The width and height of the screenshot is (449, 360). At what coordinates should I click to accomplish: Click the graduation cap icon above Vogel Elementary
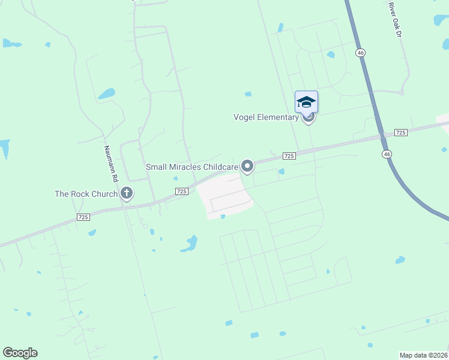(306, 102)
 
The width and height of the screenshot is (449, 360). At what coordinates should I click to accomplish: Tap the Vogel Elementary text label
(266, 117)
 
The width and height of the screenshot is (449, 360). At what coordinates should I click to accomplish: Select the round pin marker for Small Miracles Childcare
(247, 166)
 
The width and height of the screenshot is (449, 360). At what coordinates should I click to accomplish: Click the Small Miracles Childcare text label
(192, 166)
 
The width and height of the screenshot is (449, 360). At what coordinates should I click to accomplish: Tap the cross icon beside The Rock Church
(126, 193)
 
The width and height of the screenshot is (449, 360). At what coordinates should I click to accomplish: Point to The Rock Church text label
(86, 194)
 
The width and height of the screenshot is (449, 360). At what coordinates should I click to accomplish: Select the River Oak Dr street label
(394, 19)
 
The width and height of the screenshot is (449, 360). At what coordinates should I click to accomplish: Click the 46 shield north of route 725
(360, 53)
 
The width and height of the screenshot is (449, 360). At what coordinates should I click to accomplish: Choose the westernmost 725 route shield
(83, 217)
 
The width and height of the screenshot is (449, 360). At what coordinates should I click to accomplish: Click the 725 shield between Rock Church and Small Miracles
(182, 191)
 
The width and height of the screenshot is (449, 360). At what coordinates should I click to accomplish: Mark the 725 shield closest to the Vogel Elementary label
(289, 156)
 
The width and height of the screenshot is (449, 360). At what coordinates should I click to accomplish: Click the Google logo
(20, 353)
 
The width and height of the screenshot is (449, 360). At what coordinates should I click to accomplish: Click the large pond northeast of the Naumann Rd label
(107, 94)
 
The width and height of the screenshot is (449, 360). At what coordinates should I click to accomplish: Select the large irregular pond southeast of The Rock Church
(190, 244)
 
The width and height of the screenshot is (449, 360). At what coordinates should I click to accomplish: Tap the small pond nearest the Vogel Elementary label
(248, 94)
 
